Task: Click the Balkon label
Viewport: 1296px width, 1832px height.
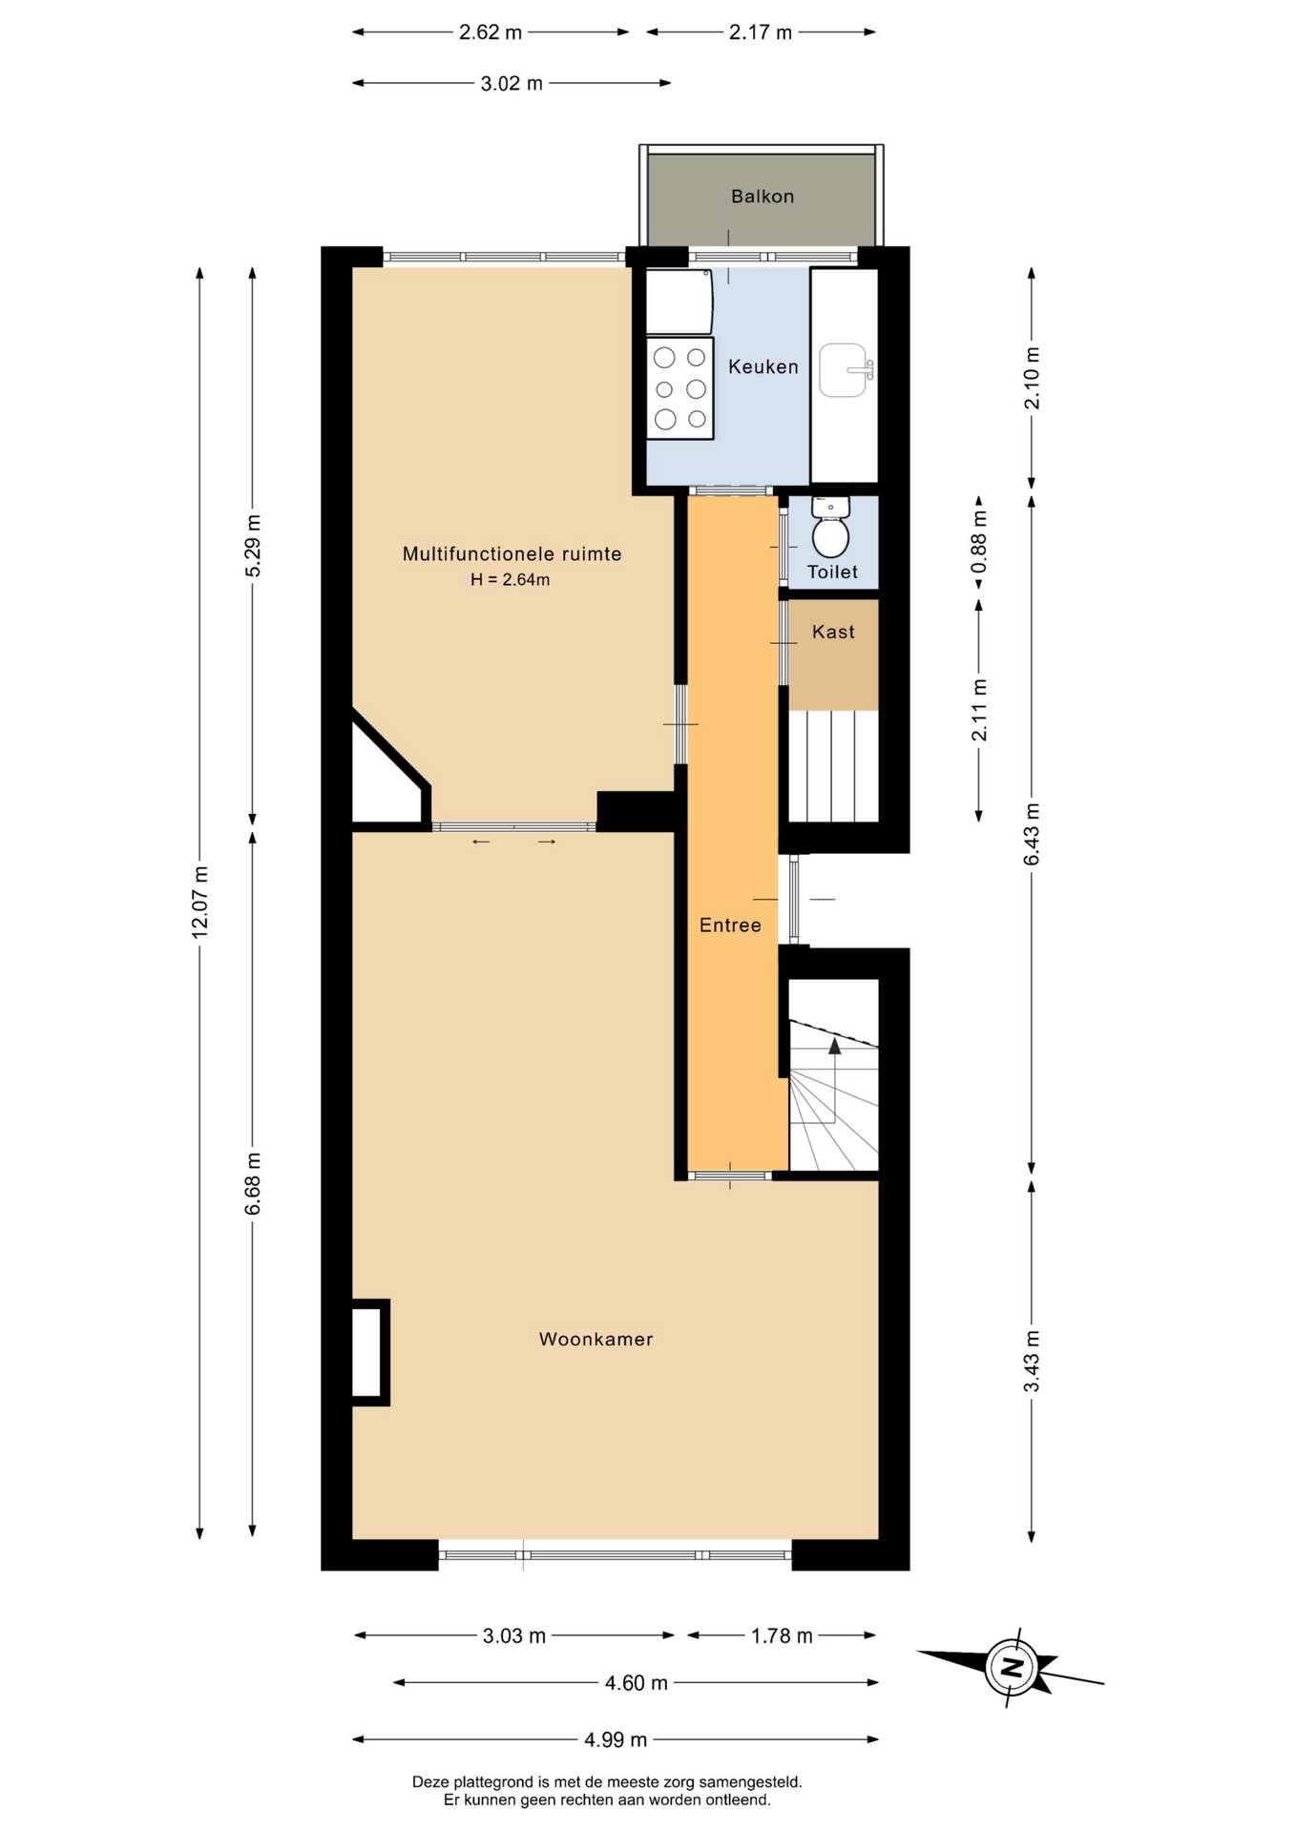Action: tap(763, 197)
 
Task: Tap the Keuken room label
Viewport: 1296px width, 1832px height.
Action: tap(763, 366)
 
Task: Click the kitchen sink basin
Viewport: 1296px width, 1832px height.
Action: tap(844, 370)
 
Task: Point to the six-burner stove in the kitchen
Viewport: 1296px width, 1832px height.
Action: tap(680, 388)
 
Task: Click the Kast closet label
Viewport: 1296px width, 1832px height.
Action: tap(833, 632)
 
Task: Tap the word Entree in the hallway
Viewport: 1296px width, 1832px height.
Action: tap(730, 925)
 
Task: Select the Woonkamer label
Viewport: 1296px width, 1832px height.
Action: tap(596, 1339)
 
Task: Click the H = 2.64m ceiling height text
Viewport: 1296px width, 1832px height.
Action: tap(511, 579)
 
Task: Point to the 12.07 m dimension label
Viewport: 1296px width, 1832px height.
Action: tap(199, 902)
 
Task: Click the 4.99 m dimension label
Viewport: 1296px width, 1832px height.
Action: tap(616, 1739)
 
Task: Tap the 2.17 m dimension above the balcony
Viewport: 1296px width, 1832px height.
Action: tap(761, 32)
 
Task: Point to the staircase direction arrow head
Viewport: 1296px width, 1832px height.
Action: tap(835, 1045)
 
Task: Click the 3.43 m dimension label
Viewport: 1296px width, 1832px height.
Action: tap(1032, 1361)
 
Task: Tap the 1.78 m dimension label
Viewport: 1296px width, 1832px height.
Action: tap(782, 1635)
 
